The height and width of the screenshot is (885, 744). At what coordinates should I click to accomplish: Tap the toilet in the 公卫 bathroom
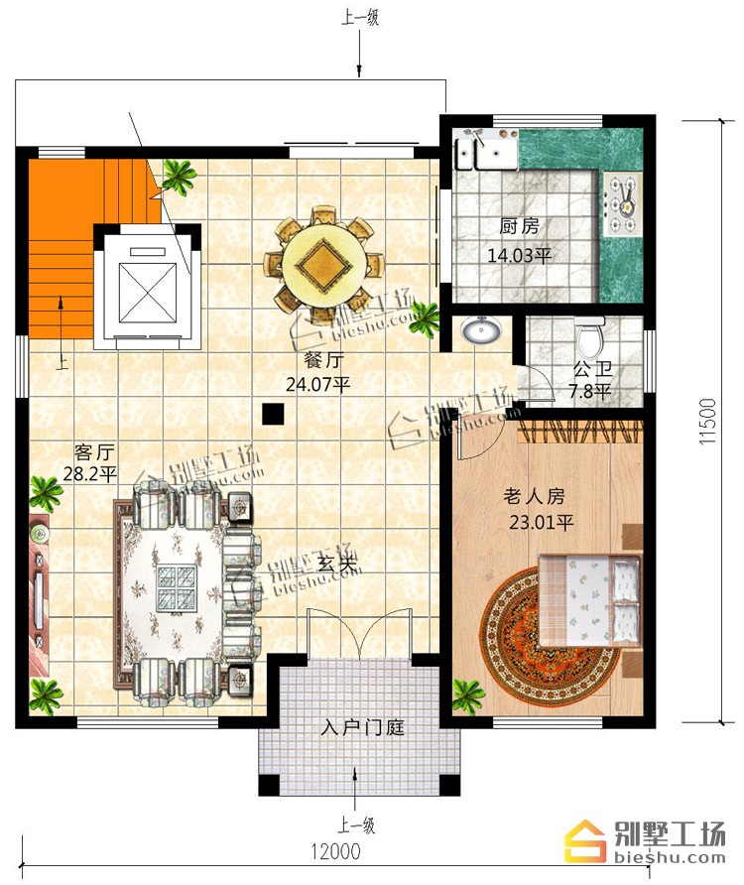[x=590, y=337]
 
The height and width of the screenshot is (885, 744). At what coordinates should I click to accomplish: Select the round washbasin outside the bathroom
[x=481, y=329]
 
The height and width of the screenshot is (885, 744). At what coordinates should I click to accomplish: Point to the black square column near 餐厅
[x=273, y=414]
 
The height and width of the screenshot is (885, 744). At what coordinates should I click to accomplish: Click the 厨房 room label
[x=519, y=226]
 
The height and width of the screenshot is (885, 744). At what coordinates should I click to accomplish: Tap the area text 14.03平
[x=520, y=256]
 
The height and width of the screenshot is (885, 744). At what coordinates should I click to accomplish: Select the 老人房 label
[x=534, y=496]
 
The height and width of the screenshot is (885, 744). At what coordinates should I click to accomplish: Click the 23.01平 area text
[x=542, y=522]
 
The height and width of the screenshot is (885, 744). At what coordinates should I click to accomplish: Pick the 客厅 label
[x=94, y=452]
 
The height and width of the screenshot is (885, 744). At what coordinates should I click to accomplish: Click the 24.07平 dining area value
[x=317, y=384]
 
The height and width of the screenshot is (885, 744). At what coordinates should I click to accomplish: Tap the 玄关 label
[x=337, y=563]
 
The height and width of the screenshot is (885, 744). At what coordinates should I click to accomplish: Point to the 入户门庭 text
[x=362, y=727]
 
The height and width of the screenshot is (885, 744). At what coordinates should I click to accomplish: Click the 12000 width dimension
[x=335, y=850]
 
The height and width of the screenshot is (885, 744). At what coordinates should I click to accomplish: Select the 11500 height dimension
[x=708, y=421]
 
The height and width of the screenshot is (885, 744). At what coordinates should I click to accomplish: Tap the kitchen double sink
[x=487, y=153]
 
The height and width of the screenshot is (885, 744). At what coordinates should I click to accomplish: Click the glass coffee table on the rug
[x=177, y=587]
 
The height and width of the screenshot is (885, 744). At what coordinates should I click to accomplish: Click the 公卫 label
[x=592, y=369]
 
